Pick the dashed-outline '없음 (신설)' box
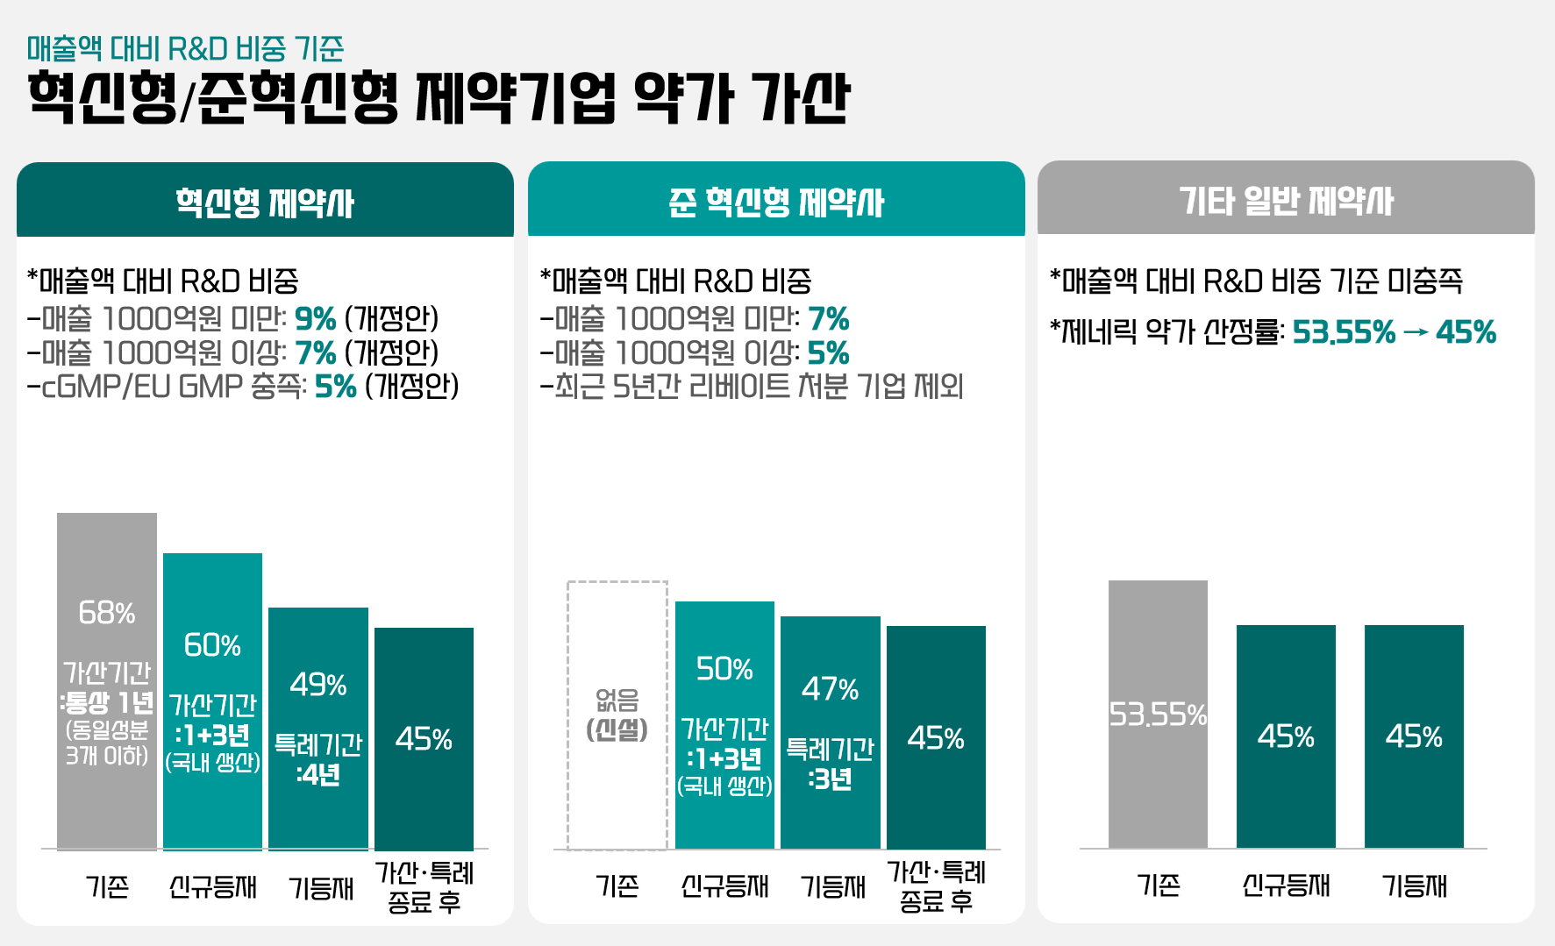(617, 715)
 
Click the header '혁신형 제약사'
(265, 202)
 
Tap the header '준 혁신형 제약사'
(776, 202)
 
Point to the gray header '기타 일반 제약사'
(1286, 200)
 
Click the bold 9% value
(315, 318)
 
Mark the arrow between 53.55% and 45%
(1416, 333)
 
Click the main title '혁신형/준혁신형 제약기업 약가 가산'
(439, 98)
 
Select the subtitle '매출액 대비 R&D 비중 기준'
(185, 48)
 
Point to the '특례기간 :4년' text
(317, 759)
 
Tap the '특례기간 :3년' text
(830, 764)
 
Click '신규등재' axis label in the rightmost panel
(1286, 886)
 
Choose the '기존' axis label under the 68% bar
(107, 887)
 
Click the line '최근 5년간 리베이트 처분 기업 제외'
(753, 387)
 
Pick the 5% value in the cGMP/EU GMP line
(335, 387)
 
